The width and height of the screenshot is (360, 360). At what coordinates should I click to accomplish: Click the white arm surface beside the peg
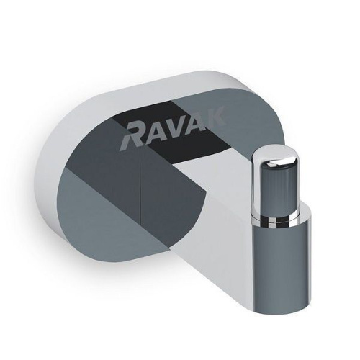pos(230,187)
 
